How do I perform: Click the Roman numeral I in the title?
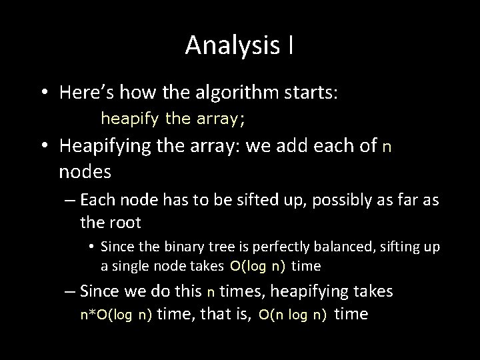tap(291, 45)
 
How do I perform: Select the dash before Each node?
tap(70, 201)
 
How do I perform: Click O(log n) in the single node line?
tap(257, 267)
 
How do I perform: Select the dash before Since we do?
tap(70, 291)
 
